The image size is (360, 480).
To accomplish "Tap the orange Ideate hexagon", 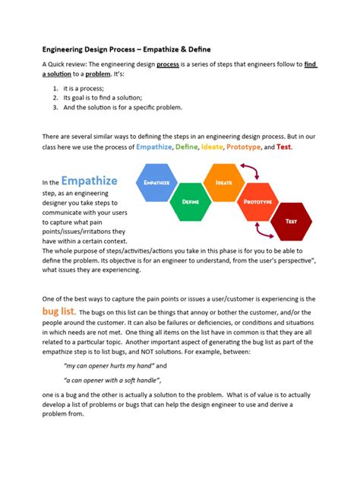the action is coord(224,183).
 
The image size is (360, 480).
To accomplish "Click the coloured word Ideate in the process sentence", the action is coord(212,147).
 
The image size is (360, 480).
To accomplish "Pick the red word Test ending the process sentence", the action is coord(284,147).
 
